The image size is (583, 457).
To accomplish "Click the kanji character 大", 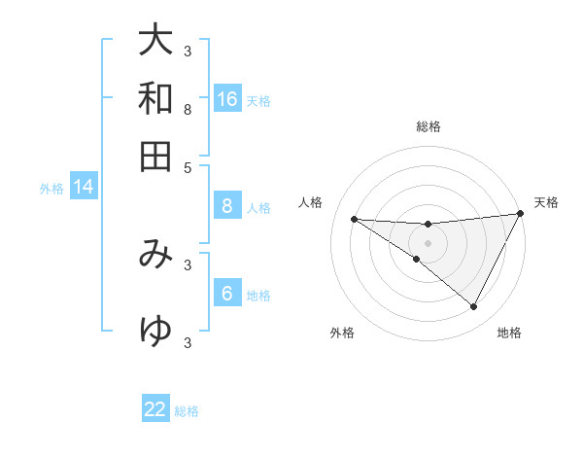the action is pos(155,41).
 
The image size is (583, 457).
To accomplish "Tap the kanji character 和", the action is pos(155,98).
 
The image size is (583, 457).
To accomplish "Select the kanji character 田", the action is pos(155,156).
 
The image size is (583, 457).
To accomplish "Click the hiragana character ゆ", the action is pos(155,332).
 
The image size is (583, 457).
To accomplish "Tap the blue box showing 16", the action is pos(226,98).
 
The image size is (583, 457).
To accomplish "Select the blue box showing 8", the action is pos(226,206).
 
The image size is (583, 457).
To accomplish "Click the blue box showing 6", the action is pos(226,294).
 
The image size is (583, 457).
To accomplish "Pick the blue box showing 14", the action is pos(84,188).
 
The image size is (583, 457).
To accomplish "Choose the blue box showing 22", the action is pos(155,409).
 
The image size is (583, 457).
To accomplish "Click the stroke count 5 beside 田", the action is pos(188,166).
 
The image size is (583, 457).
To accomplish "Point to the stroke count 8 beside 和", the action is pos(188,109).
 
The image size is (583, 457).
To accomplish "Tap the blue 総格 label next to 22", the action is pos(188,411).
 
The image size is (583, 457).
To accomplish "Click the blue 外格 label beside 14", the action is pos(51,189).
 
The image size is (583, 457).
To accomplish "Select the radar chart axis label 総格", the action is pos(428,126).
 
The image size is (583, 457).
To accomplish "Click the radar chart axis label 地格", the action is pos(509,333).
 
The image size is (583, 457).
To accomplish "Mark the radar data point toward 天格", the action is pos(521,213).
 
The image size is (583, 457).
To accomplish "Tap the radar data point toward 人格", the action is pos(354,219).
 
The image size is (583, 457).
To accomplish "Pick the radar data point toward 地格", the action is pos(473,307).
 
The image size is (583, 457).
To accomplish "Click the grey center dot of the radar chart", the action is pos(428,242).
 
